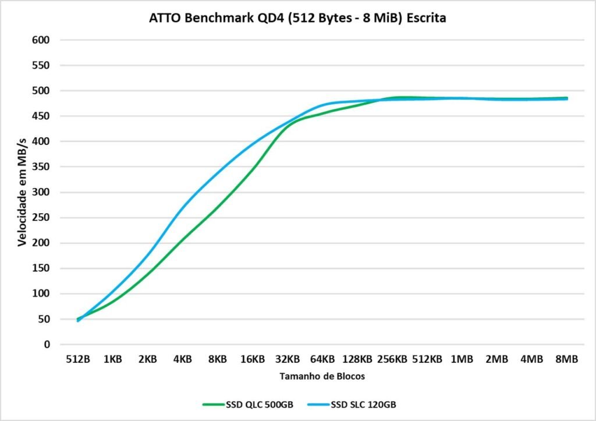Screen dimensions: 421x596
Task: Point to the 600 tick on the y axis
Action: coord(43,40)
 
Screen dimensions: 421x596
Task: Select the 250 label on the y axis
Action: coord(43,218)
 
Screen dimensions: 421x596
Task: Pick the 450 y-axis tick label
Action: coord(43,116)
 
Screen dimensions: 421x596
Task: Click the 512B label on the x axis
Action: coord(77,359)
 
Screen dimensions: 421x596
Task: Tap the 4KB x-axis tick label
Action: coord(182,359)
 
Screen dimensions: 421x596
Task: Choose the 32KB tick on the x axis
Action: coord(287,359)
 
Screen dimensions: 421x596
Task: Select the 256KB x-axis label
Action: coord(392,359)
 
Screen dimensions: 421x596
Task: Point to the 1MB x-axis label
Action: coord(462,359)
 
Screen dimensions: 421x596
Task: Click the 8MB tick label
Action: coord(566,359)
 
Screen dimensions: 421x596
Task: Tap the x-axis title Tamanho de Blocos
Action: coord(322,376)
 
